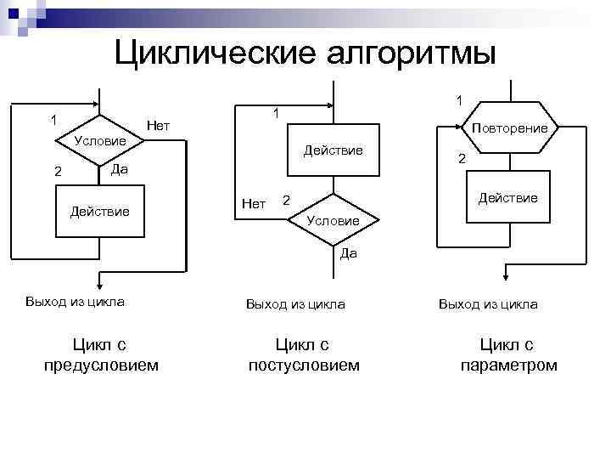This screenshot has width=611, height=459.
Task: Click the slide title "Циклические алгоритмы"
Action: (305, 53)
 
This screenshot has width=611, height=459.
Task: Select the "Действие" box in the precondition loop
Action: (100, 210)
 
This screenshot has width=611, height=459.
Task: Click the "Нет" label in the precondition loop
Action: (158, 127)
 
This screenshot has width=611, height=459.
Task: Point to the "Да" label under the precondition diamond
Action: (120, 169)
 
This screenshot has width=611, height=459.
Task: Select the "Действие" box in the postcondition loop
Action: (334, 150)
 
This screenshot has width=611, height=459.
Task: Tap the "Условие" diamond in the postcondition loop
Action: (333, 220)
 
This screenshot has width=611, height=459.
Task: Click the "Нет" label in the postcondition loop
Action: (254, 203)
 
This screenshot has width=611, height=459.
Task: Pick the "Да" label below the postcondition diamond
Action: (349, 252)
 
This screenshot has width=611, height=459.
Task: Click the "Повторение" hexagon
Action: (509, 128)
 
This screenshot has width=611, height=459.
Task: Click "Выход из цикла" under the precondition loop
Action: (75, 302)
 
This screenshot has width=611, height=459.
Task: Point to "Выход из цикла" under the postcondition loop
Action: (294, 303)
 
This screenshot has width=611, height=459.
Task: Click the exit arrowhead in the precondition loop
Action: (100, 285)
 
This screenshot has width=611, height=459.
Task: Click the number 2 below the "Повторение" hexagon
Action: (462, 159)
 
